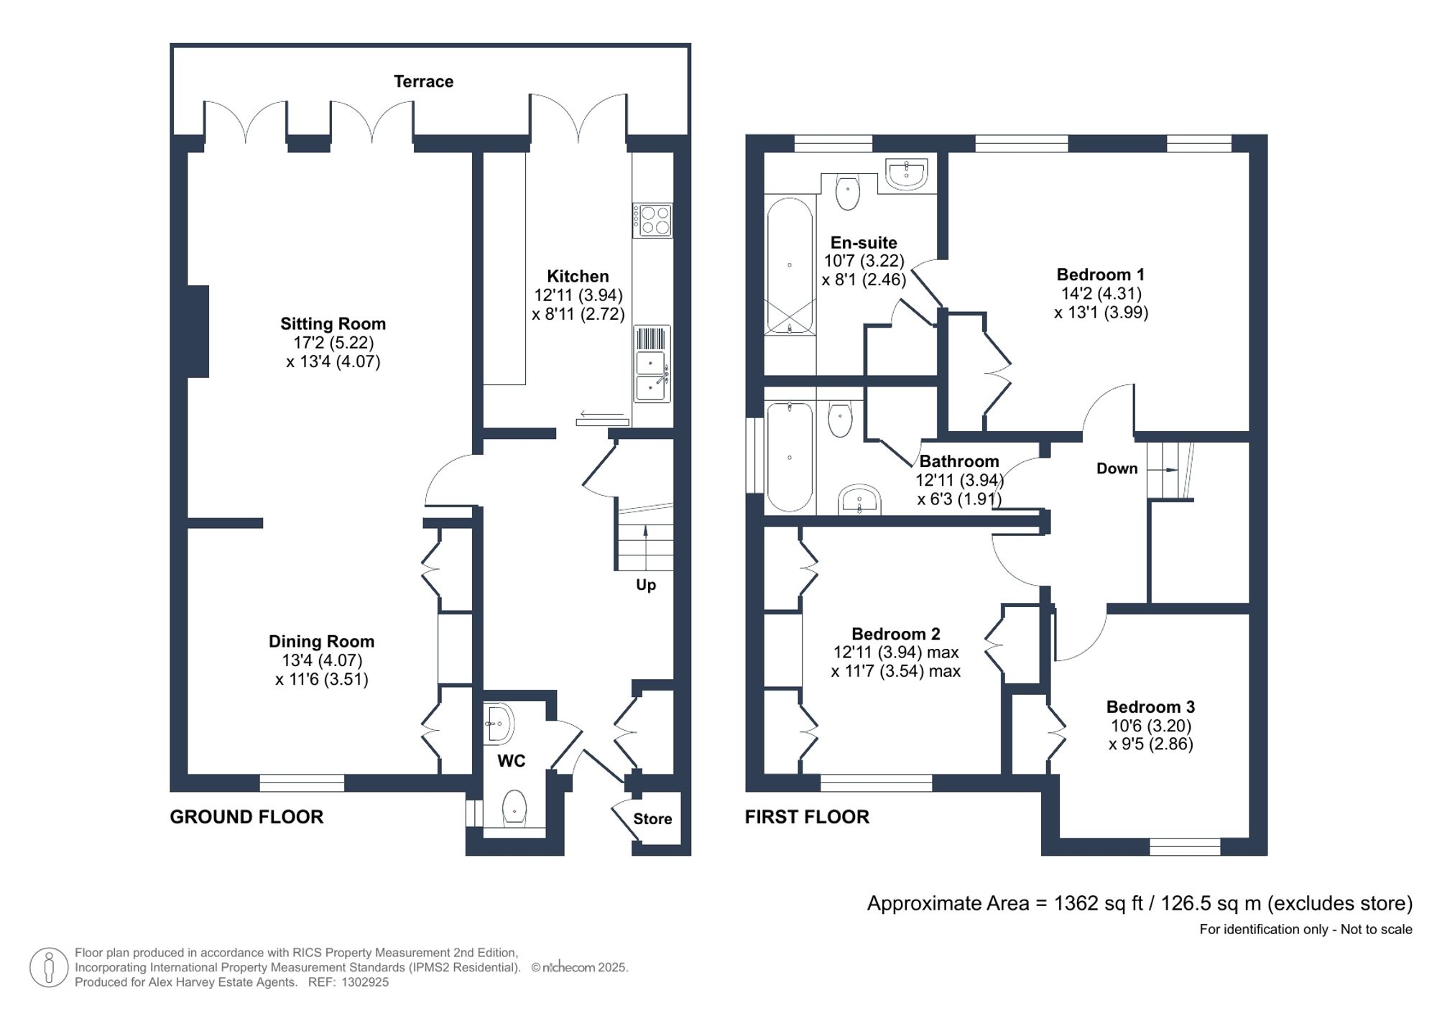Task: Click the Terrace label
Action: coord(423,81)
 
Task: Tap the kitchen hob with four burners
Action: coord(652,220)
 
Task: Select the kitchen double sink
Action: coord(652,374)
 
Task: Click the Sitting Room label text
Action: coord(333,323)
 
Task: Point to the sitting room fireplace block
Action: coord(198,331)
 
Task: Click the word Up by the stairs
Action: coord(645,585)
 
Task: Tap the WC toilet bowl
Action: coord(514,807)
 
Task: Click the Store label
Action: coord(652,819)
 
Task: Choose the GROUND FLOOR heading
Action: coord(246,817)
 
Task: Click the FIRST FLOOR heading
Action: coord(807,817)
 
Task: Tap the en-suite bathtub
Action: coord(790,266)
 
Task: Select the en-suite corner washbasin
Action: coord(907,174)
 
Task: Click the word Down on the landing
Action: coord(1117,468)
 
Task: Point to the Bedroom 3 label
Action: coord(1150,707)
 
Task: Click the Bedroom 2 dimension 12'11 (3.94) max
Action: coord(896,652)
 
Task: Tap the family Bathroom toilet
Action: coord(840,420)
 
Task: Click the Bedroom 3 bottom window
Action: coord(1185,847)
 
